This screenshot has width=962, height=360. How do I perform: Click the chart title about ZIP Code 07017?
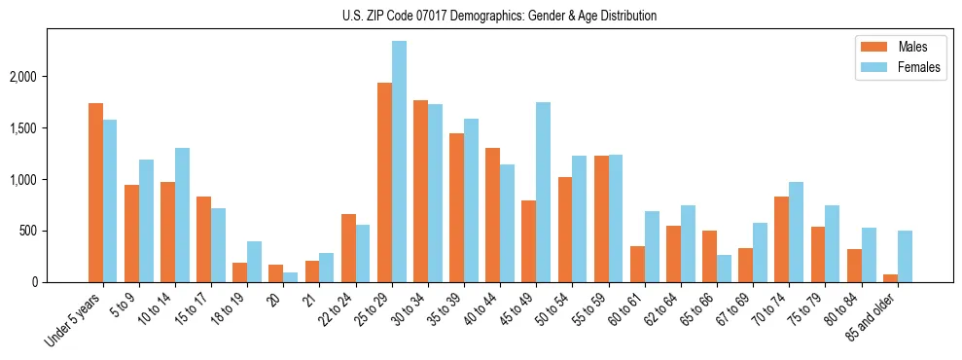tap(499, 16)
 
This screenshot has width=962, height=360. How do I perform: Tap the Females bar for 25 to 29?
tap(399, 162)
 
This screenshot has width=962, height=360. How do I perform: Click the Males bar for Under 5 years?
tap(95, 193)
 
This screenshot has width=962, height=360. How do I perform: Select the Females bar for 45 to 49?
tap(543, 192)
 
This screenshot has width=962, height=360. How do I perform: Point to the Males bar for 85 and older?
tap(889, 278)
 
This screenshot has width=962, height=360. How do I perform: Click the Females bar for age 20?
tap(291, 277)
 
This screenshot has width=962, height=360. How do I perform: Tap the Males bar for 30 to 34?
tap(420, 192)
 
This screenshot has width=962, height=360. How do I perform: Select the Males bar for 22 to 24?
tap(348, 248)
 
